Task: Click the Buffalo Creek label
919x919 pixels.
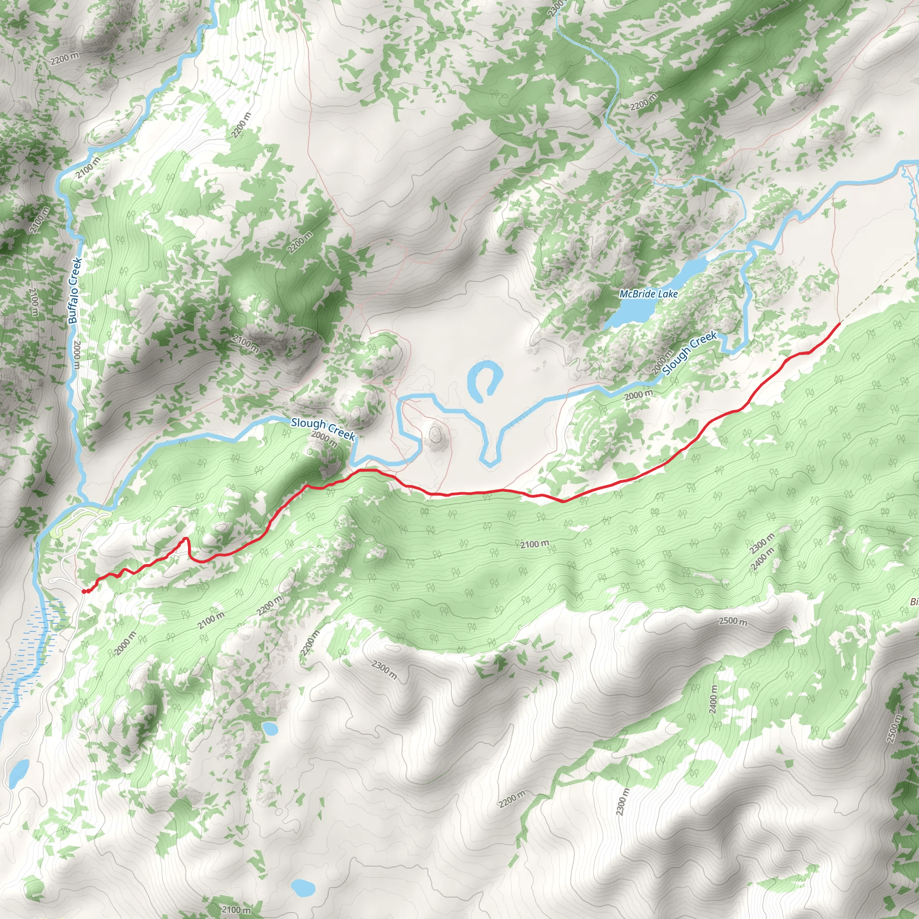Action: point(75,291)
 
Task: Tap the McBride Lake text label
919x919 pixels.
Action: point(648,294)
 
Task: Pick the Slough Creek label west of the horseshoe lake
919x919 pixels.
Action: point(323,429)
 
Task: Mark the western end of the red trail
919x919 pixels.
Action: point(84,591)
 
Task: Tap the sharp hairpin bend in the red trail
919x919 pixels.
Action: point(186,539)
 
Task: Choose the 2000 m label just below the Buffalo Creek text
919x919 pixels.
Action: point(77,355)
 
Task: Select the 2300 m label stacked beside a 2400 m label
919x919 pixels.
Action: point(761,544)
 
